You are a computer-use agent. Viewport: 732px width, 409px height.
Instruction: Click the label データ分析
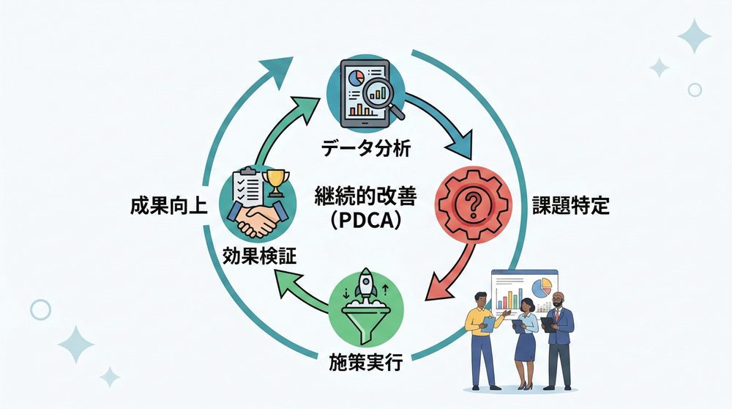(365, 148)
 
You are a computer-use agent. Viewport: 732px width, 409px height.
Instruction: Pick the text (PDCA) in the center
(365, 221)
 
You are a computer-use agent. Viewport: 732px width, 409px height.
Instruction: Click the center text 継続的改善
(365, 196)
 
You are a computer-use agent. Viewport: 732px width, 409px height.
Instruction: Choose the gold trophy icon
(276, 181)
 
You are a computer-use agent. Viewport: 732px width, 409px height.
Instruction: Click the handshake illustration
(257, 219)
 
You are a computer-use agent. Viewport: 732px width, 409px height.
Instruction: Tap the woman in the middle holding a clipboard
(525, 340)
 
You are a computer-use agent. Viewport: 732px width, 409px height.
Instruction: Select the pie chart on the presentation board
(542, 288)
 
